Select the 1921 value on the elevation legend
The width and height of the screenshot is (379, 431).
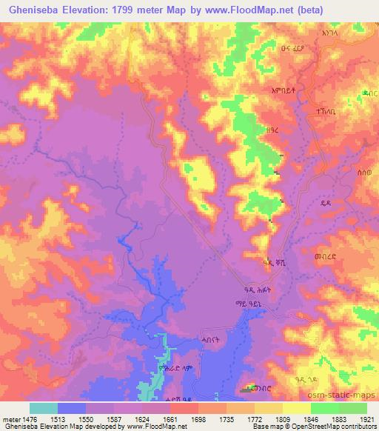[x=366, y=420]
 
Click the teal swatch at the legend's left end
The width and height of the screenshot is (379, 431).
[x=43, y=408]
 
